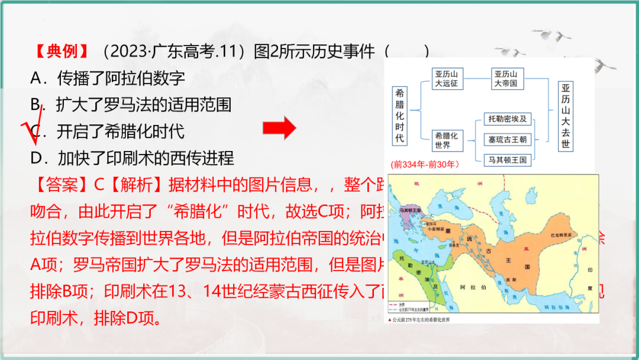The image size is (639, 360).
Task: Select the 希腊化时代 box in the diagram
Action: point(400,115)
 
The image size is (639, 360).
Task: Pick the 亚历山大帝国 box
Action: point(506,79)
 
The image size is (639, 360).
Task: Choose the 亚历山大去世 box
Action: point(566,115)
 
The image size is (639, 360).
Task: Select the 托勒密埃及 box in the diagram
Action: point(507,119)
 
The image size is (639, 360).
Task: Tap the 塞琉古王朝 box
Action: point(507,140)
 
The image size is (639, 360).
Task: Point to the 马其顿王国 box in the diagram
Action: point(507,160)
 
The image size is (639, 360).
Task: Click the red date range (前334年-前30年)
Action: point(425,164)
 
